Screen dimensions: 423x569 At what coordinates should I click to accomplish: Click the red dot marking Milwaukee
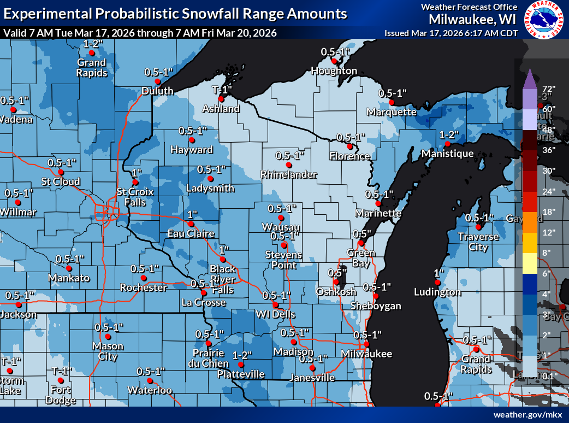tap(367, 344)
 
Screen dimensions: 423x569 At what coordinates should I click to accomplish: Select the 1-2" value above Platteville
tap(242, 355)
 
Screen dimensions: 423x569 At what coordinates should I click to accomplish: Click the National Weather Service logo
tap(544, 20)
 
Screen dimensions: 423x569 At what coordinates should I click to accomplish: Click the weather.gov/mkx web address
tap(527, 415)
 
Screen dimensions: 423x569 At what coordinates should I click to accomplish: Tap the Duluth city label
tap(157, 91)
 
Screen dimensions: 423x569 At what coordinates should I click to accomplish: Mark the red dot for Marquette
tap(392, 102)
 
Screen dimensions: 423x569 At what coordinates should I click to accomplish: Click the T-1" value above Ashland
tap(222, 89)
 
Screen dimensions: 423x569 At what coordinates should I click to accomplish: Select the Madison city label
tap(293, 351)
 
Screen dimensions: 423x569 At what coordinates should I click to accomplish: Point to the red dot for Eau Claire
tap(191, 224)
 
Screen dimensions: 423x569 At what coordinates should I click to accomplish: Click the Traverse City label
tap(478, 242)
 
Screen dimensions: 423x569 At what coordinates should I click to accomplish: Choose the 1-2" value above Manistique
tap(448, 134)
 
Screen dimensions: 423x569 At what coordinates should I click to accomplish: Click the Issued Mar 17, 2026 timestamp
tap(451, 33)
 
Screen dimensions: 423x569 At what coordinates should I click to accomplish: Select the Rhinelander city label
tap(289, 174)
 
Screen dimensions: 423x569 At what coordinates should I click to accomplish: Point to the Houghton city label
tap(334, 71)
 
